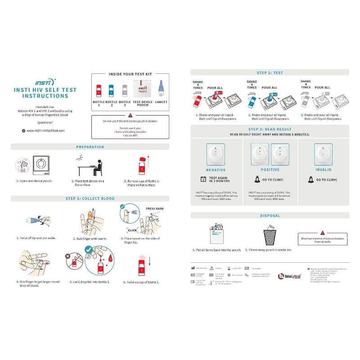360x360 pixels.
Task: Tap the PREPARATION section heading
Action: [90, 147]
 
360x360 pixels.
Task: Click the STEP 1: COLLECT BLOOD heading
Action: [90, 198]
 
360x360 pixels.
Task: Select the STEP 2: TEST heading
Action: [270, 72]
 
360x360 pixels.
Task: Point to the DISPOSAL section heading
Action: [270, 216]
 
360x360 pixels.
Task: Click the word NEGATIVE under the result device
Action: [216, 170]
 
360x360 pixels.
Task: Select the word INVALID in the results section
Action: [323, 170]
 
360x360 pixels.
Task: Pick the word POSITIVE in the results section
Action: [270, 170]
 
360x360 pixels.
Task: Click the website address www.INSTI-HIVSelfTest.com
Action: [45, 130]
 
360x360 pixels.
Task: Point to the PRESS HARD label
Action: [155, 209]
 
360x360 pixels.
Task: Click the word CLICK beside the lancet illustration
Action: [132, 230]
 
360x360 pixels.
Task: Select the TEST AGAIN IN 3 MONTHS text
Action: [219, 180]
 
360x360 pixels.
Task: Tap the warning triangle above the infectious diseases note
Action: [322, 232]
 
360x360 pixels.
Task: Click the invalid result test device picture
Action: [323, 154]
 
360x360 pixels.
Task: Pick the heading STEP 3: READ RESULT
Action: [270, 130]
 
